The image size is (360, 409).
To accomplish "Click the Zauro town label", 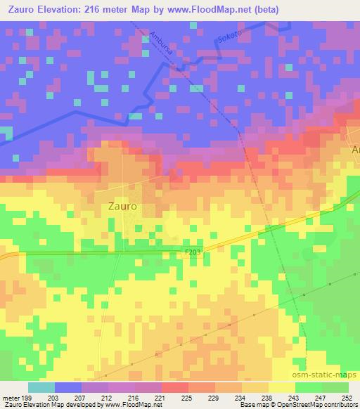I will pos(122,207).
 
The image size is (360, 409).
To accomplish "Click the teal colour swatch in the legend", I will pos(41,387).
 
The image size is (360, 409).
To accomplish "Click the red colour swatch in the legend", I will pos(175,387).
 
